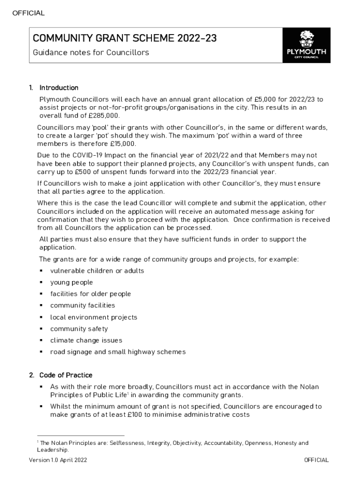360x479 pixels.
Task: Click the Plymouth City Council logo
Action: point(306,45)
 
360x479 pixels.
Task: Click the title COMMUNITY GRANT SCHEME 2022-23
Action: point(124,38)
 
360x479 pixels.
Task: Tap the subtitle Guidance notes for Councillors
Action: point(91,52)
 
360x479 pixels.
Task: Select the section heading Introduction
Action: point(58,88)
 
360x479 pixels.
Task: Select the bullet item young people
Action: point(72,283)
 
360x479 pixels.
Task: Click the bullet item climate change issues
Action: point(86,341)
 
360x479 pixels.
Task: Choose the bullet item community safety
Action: point(79,329)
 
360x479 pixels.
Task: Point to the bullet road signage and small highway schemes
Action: point(118,352)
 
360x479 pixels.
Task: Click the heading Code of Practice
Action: point(65,375)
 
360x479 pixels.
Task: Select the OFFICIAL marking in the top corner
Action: point(29,13)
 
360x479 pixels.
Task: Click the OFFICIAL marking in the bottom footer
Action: point(316,460)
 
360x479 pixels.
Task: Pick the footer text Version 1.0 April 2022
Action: point(58,460)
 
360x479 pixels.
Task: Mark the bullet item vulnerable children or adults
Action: point(97,271)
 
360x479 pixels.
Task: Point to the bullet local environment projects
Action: point(94,317)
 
